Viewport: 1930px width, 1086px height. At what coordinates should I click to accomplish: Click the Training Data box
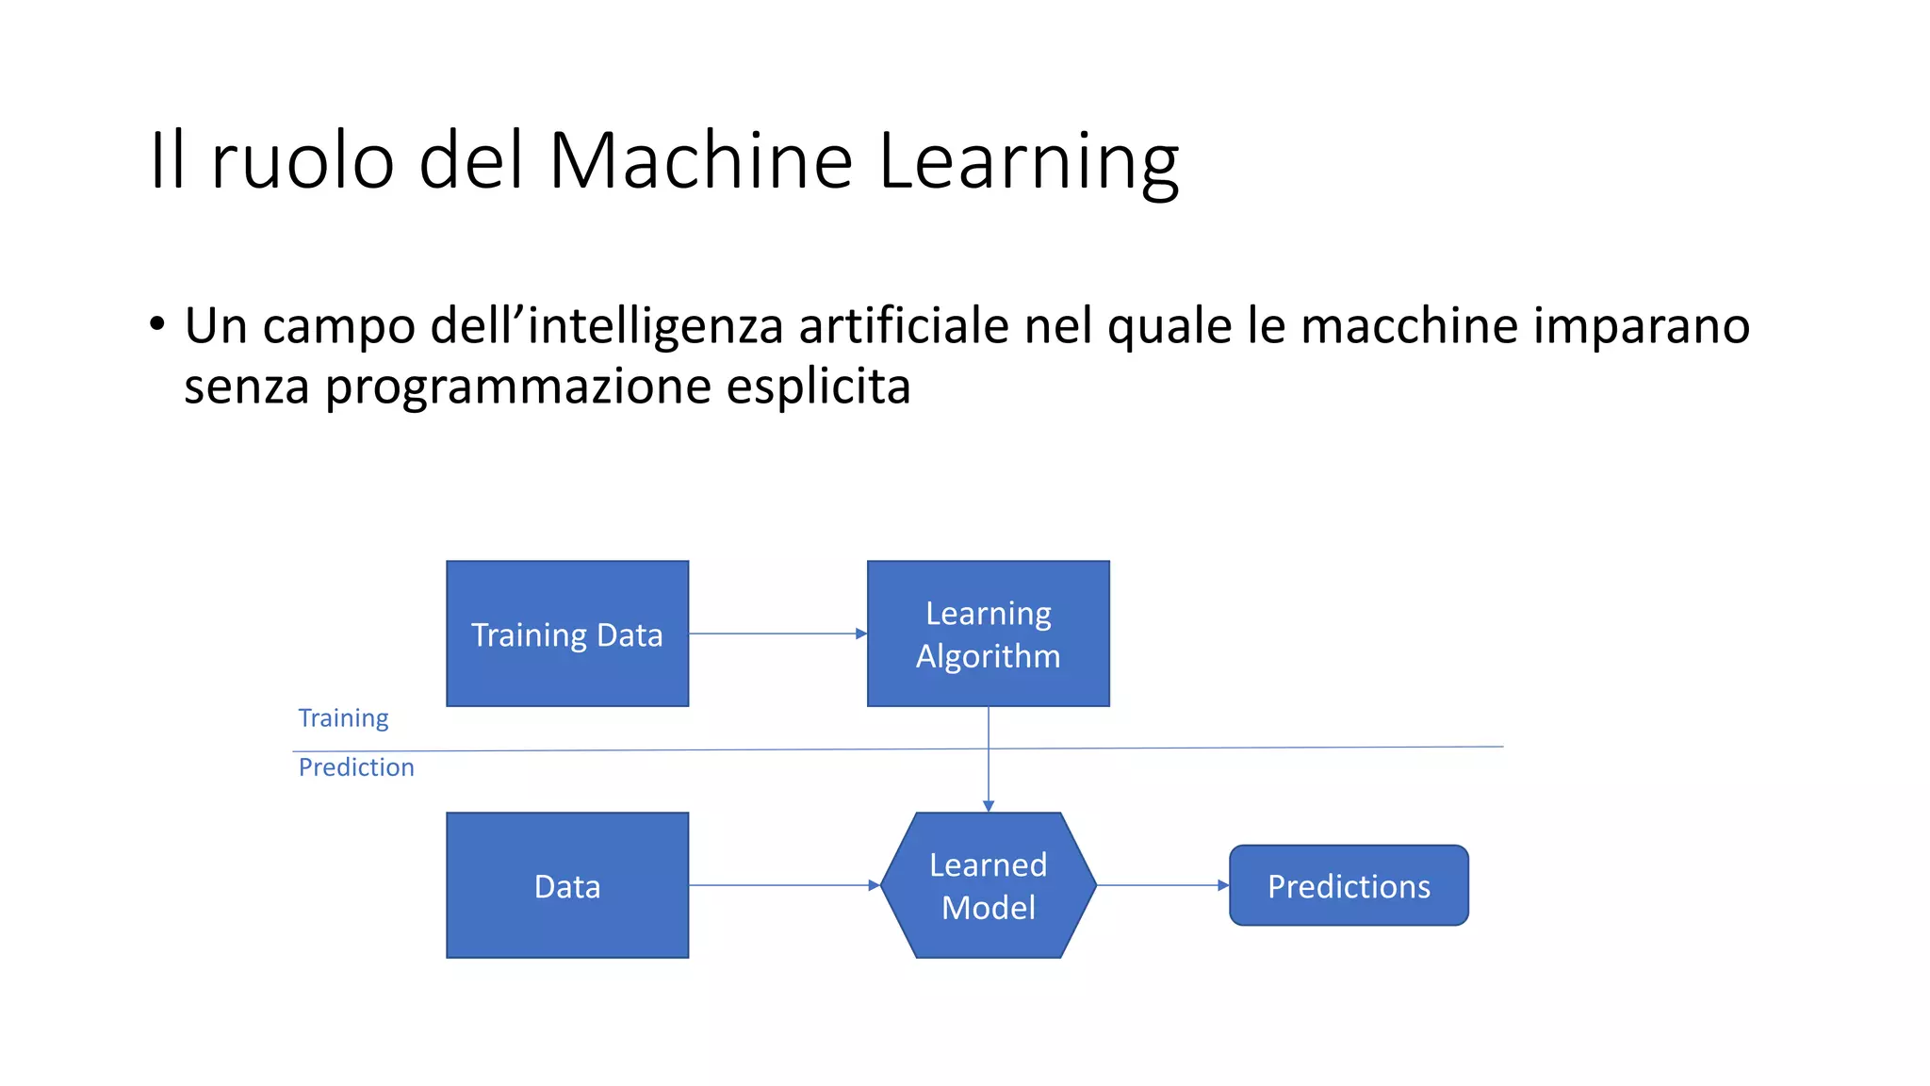point(567,633)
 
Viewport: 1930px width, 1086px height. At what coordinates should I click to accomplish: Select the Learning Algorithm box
point(988,633)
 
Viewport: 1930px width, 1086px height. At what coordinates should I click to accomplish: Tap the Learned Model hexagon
point(988,885)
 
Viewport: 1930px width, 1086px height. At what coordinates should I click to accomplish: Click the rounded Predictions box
point(1349,885)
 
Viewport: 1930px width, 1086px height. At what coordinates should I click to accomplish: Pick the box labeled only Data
point(567,885)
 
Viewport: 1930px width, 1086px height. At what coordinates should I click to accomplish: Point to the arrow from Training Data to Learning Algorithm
point(777,633)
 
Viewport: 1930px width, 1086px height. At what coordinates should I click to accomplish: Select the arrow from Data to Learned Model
point(782,885)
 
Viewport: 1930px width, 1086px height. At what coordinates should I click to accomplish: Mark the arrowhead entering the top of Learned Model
point(989,806)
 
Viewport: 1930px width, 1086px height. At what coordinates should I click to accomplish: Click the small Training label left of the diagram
point(343,718)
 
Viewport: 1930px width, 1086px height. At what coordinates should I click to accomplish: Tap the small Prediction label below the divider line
point(356,767)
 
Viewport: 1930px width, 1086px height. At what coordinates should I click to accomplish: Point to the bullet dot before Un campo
point(157,324)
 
